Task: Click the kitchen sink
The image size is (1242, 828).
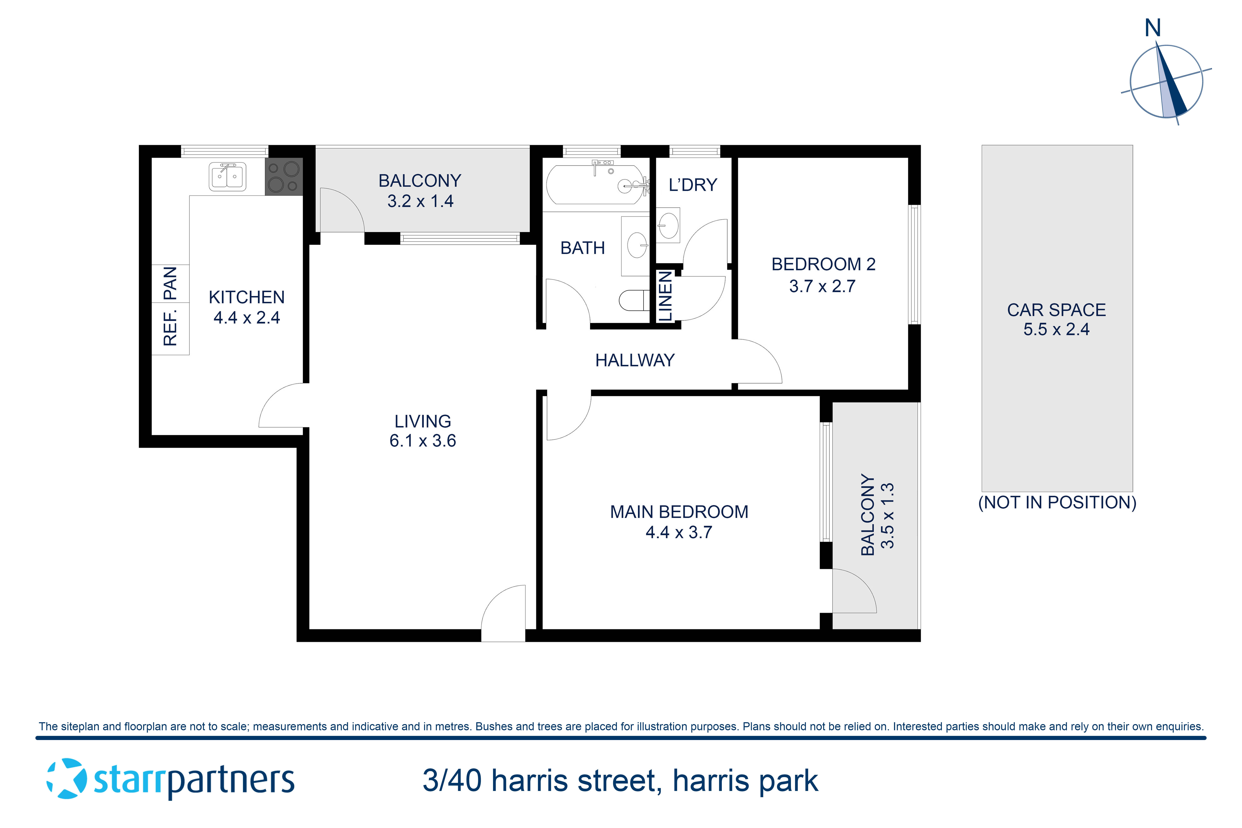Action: pyautogui.click(x=227, y=176)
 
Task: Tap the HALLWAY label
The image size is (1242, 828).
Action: pyautogui.click(x=635, y=360)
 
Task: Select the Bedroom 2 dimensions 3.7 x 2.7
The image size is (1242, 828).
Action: pyautogui.click(x=822, y=286)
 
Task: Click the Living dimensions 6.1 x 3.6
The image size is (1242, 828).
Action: pyautogui.click(x=422, y=441)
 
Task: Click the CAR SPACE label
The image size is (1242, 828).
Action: pyautogui.click(x=1056, y=310)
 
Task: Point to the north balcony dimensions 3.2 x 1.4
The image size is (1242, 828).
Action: pyautogui.click(x=420, y=201)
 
